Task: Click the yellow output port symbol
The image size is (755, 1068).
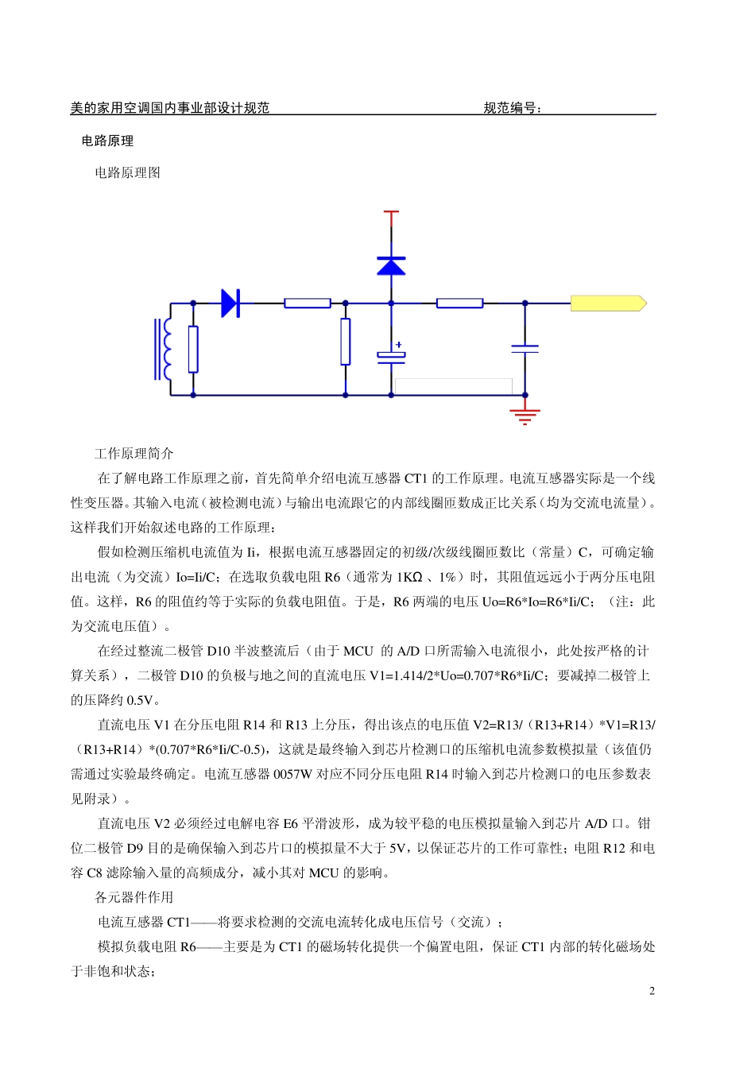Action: [608, 303]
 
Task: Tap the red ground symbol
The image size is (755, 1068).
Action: [525, 416]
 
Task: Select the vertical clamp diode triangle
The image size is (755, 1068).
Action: [390, 265]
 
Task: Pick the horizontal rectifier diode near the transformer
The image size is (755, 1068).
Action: [230, 303]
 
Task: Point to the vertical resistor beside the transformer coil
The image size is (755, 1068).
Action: [193, 349]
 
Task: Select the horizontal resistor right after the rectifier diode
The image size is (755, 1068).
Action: [308, 303]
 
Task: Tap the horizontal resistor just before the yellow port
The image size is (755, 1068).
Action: [459, 303]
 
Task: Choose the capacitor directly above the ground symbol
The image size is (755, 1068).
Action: [525, 348]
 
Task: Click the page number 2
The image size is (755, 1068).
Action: [652, 991]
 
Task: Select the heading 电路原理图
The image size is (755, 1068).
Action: [127, 172]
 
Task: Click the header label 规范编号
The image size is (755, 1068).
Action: [513, 108]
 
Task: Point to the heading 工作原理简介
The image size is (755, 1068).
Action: [134, 454]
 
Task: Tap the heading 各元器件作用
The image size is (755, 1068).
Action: [134, 897]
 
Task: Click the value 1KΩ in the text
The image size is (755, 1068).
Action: [409, 577]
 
